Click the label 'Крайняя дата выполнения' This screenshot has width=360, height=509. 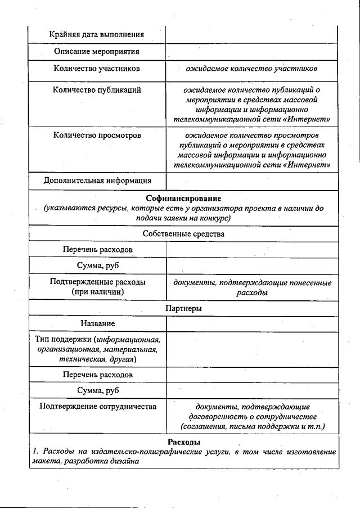tap(97, 34)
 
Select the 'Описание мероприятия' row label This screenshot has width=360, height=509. tap(97, 52)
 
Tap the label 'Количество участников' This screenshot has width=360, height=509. tap(97, 69)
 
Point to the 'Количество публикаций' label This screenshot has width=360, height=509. tap(97, 89)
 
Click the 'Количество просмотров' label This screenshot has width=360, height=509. tap(97, 136)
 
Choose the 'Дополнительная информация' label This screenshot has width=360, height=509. tap(97, 181)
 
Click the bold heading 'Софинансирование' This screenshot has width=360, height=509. tap(183, 199)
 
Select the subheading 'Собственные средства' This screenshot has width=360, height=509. tap(183, 233)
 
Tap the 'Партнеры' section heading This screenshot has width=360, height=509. tap(183, 308)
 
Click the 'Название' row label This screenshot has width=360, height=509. tap(97, 323)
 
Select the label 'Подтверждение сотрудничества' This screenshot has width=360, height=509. tap(97, 406)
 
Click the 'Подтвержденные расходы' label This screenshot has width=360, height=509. tap(97, 282)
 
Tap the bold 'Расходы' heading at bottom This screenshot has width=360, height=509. tap(183, 442)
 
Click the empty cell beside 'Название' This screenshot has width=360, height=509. tap(252, 323)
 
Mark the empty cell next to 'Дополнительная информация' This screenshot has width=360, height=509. tap(252, 181)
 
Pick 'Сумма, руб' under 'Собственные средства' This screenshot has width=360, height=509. tap(97, 265)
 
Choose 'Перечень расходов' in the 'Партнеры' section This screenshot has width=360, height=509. tap(97, 374)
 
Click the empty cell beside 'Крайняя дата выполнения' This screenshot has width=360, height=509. tap(252, 34)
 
